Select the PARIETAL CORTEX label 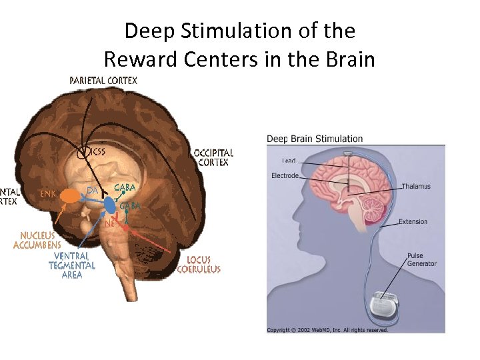103,81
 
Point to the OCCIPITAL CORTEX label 213,157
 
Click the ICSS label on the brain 95,151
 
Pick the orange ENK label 48,194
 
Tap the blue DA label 93,191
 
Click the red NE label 109,223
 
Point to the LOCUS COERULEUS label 199,265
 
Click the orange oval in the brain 70,195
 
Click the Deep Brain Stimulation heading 315,139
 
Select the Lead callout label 289,161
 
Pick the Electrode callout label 285,176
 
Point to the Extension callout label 413,222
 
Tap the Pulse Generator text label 422,259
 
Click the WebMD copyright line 327,329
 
